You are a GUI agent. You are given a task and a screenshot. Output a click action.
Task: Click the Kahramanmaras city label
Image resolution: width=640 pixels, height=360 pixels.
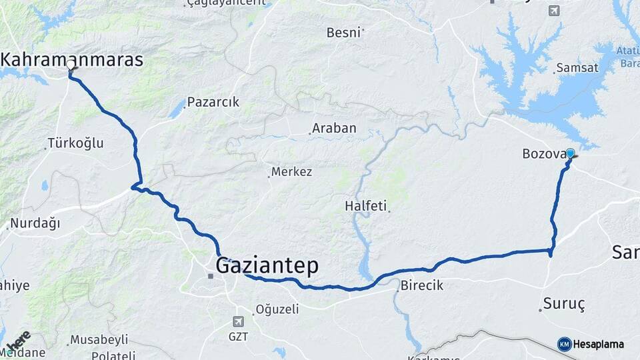(72, 59)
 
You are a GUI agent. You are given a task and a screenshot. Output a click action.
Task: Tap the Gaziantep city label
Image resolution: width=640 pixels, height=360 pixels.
(267, 266)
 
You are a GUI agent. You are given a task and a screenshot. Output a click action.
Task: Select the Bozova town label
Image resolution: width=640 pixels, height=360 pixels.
(543, 155)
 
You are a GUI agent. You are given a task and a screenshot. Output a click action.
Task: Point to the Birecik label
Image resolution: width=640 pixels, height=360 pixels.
(421, 285)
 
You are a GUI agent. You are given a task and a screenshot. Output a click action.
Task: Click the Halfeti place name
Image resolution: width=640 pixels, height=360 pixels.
(365, 206)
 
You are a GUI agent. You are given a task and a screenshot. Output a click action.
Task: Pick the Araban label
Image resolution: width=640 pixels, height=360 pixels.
(334, 128)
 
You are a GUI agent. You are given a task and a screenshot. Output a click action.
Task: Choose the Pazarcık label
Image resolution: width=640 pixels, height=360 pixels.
(213, 102)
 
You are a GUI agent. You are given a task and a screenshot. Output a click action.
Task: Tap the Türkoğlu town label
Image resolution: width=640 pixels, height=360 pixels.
(75, 143)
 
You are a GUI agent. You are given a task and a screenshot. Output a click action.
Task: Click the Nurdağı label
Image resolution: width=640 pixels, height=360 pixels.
(35, 223)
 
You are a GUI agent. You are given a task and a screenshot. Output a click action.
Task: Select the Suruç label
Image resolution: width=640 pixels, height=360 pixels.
(563, 304)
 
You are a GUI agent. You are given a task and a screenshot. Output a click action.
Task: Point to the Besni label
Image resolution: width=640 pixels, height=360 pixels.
(343, 32)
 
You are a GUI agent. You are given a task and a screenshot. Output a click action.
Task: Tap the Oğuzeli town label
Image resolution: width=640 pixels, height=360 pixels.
(277, 309)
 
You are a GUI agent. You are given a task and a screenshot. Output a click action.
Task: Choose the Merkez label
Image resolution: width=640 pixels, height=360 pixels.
(292, 172)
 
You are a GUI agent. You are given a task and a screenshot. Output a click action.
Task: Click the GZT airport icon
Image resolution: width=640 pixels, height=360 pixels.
(239, 321)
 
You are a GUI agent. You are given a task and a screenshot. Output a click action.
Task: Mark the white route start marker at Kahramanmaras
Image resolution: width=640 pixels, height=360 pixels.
(71, 65)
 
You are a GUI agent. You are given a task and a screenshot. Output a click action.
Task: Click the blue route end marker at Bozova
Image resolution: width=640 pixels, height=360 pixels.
(570, 153)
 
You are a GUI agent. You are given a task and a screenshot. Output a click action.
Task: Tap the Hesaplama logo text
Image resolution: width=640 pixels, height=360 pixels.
(597, 344)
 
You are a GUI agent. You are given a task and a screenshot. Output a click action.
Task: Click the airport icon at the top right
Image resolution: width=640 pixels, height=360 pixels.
(554, 10)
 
